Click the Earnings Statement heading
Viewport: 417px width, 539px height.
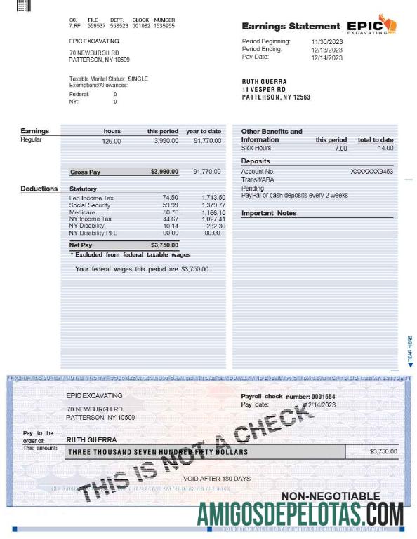tap(291, 26)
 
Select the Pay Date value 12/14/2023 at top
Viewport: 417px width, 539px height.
tap(327, 57)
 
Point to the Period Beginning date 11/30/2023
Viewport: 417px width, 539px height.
tap(327, 42)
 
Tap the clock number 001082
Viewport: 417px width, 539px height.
tap(141, 25)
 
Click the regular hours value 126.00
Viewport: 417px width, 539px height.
tap(112, 142)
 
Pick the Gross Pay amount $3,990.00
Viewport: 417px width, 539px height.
tap(164, 172)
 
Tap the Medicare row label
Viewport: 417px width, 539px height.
tap(82, 212)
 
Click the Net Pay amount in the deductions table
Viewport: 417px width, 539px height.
tap(164, 245)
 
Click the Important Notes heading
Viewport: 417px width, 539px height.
tap(269, 213)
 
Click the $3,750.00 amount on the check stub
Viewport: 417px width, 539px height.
tap(383, 451)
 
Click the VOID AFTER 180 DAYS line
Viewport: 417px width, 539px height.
tap(217, 478)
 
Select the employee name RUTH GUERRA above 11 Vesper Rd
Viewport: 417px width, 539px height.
tap(264, 82)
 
